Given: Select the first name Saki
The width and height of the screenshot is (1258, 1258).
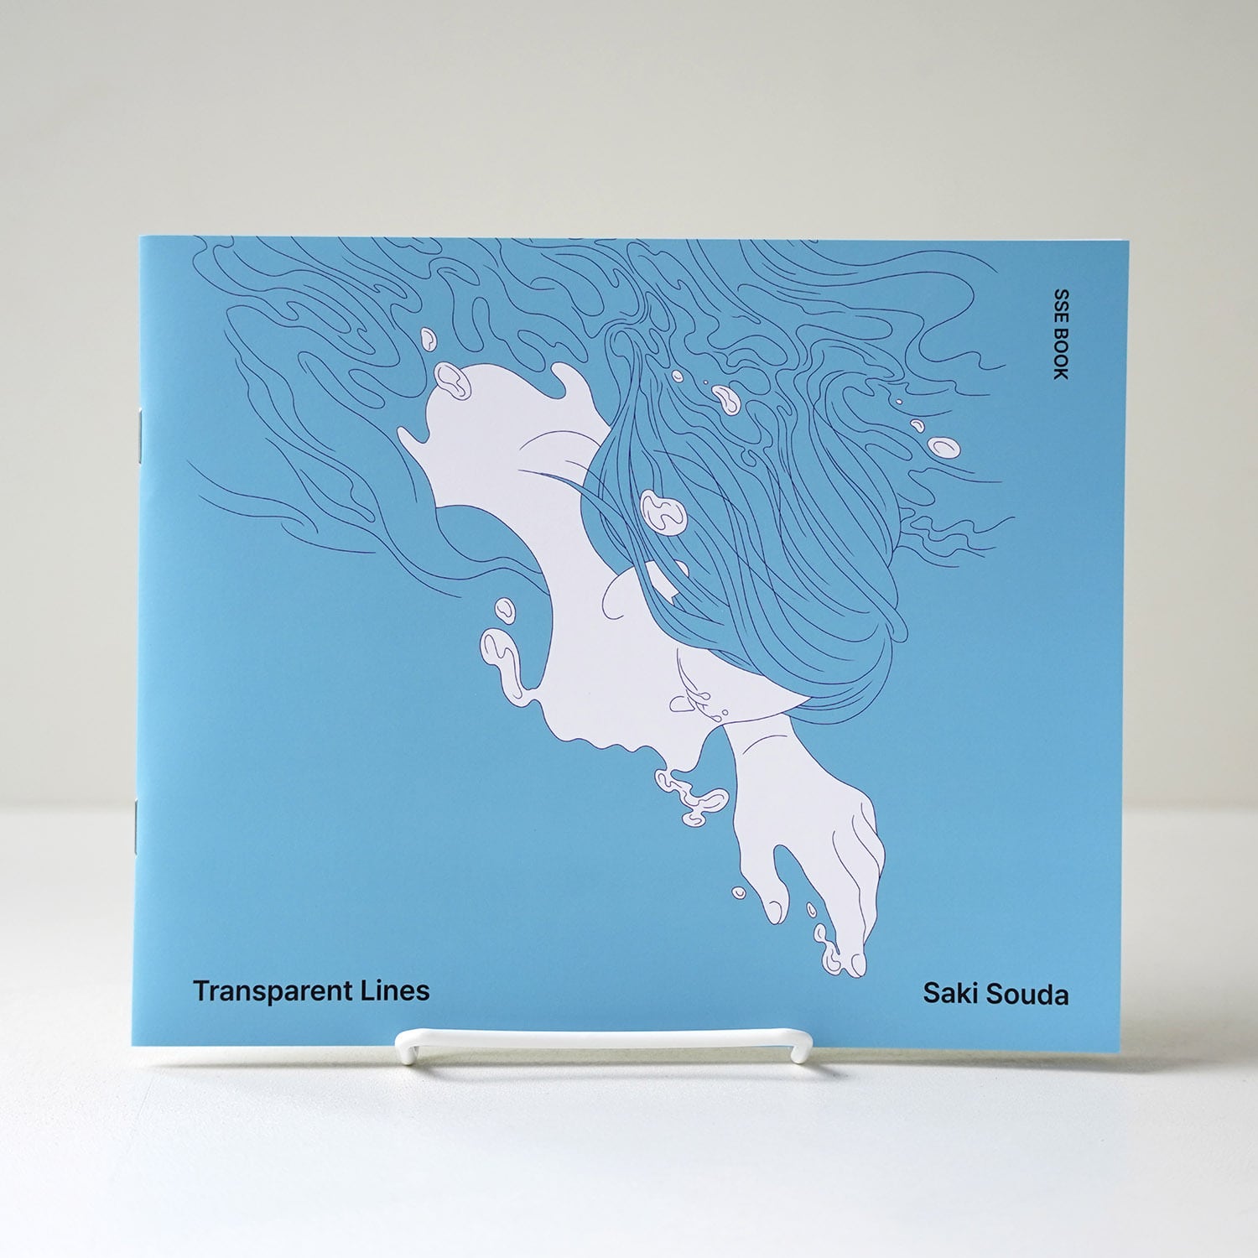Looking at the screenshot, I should pos(950,994).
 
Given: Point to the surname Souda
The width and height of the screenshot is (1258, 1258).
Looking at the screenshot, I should pos(1027,995).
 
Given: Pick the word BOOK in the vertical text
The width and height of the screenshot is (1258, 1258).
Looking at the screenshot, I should pos(1061,354).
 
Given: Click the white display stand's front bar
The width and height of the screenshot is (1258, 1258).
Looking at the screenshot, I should pos(604,1040).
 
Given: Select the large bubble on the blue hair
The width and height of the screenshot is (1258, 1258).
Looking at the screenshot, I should pos(663,511).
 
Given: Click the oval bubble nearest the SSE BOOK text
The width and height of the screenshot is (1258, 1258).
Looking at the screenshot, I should pos(943,446).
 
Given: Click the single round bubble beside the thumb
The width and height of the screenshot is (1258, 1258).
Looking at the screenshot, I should pos(739,893).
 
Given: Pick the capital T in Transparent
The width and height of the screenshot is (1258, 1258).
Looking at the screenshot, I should pos(200,991).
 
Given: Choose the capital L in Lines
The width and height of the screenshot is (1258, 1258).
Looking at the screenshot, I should pos(367,990).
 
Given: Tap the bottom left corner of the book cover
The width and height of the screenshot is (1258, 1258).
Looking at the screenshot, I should pos(133,1044).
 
